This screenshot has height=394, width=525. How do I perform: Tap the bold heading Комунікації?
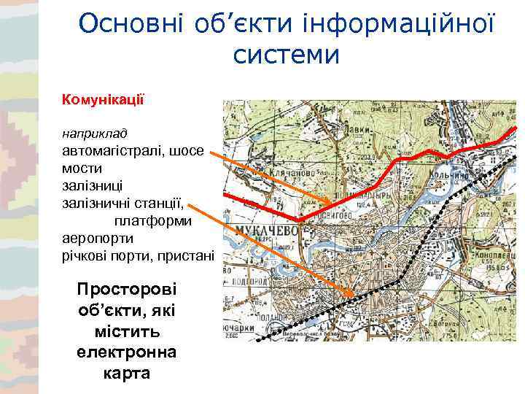(104, 97)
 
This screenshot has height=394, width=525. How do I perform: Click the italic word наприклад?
(95, 134)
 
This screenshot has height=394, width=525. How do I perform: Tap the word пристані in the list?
(186, 255)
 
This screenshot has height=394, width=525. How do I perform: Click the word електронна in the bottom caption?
(125, 353)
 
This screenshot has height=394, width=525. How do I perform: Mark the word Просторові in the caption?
(126, 290)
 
